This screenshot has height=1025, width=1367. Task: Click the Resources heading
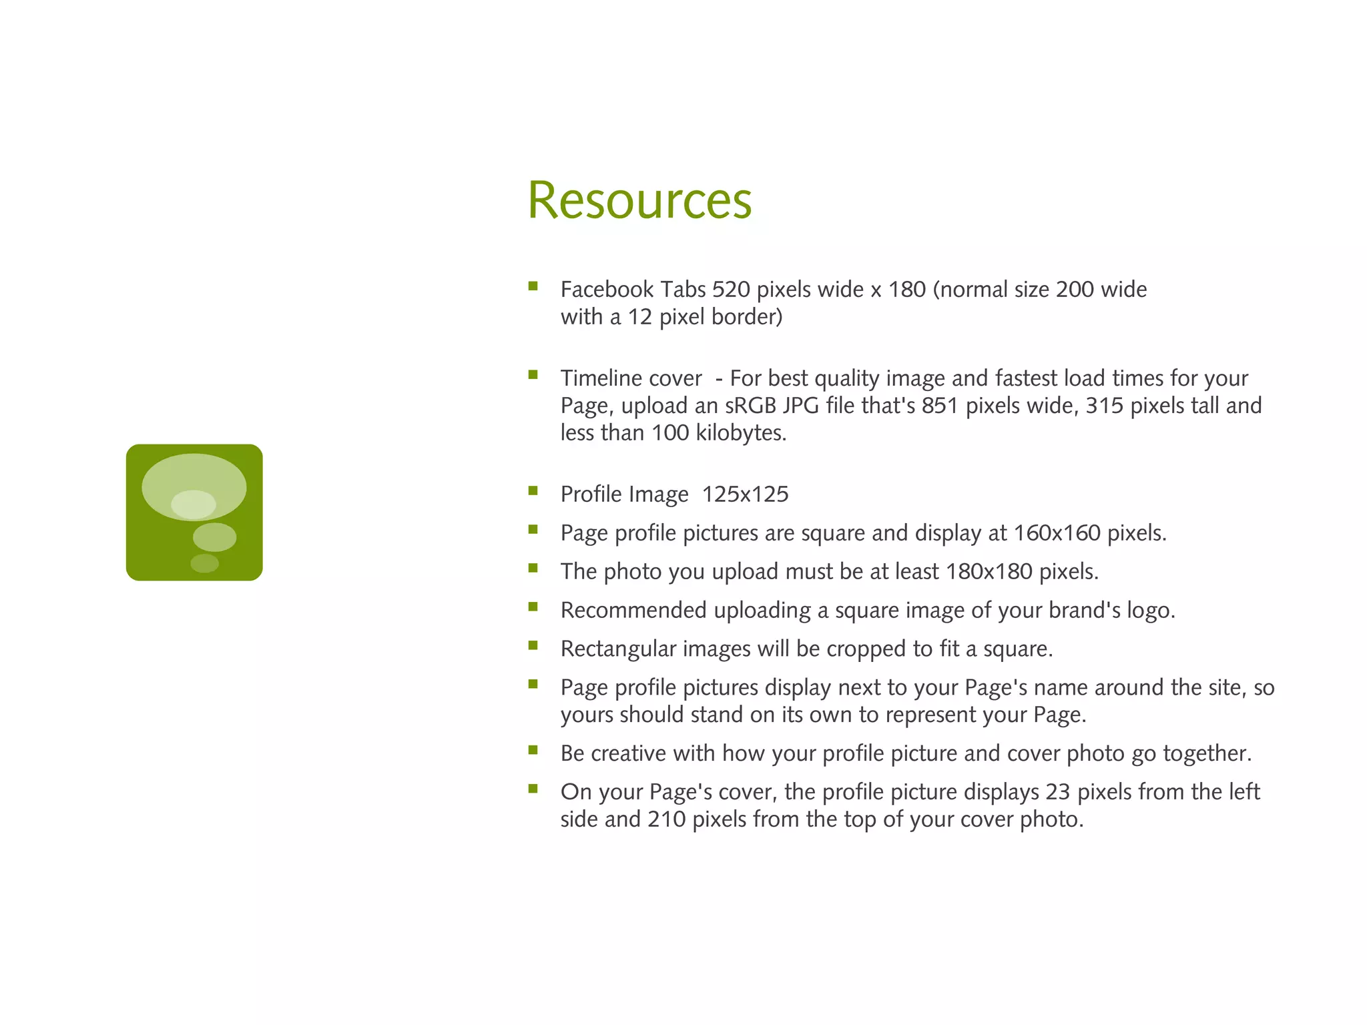639,200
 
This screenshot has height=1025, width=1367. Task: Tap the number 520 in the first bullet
731,290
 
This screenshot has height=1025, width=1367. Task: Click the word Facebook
607,290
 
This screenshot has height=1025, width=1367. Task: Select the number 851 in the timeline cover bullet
940,406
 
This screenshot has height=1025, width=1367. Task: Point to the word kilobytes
741,433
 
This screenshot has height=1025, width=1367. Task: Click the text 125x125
745,494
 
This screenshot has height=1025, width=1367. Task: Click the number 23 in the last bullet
1058,792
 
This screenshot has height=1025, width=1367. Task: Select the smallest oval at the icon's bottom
204,563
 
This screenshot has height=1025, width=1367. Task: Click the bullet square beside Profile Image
533,491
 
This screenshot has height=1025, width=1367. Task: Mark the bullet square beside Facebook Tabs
533,286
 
